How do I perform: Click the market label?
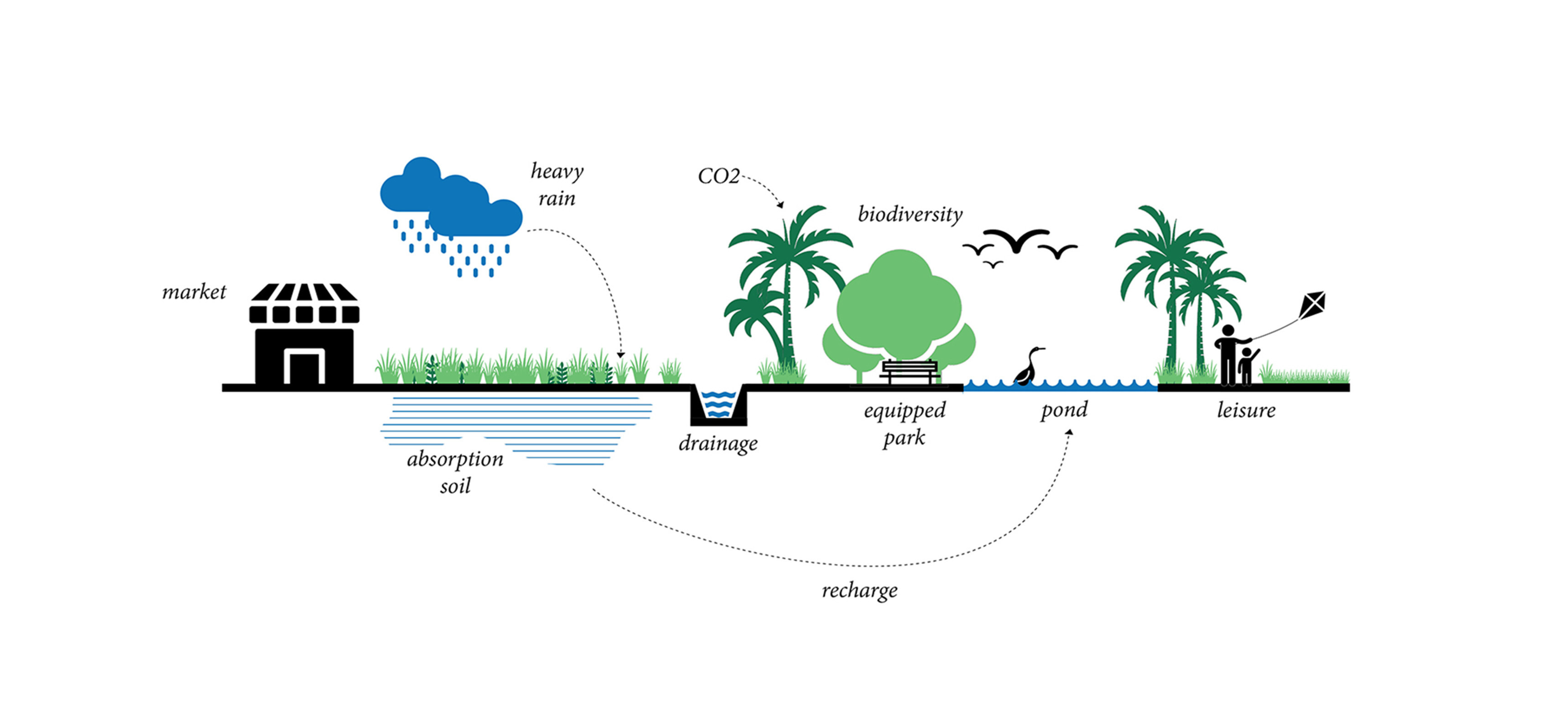tap(194, 292)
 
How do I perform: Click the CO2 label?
tap(719, 176)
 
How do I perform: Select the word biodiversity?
tap(910, 214)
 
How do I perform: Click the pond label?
tap(1064, 410)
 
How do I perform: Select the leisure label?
tap(1246, 410)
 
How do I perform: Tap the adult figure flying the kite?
tap(1228, 355)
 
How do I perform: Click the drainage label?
tap(718, 444)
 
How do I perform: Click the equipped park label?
tap(905, 424)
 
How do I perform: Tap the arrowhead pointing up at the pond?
tap(1070, 432)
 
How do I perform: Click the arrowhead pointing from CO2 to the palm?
tap(780, 205)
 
